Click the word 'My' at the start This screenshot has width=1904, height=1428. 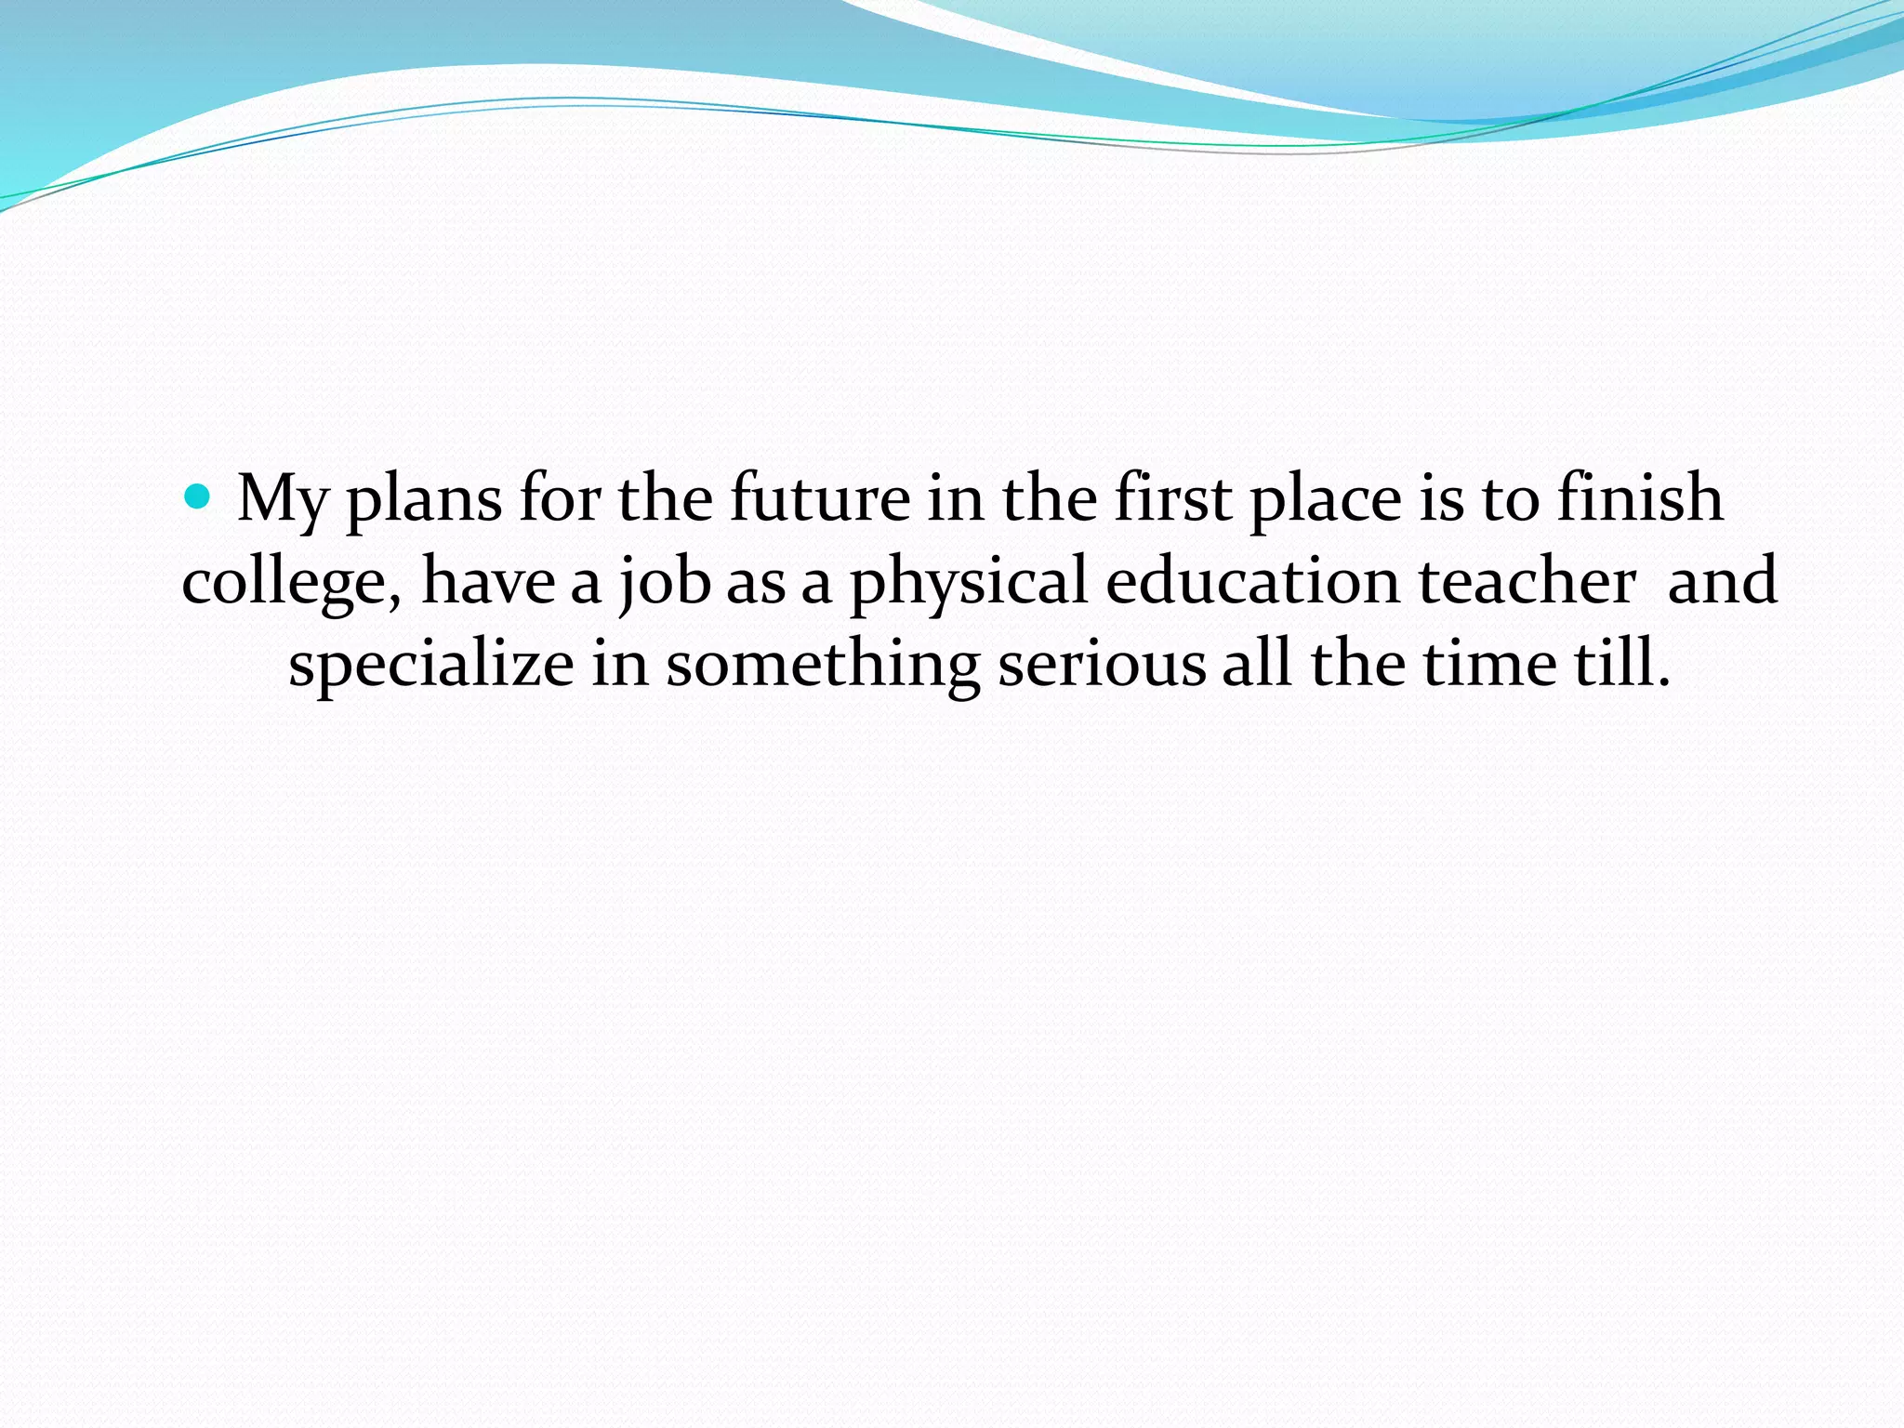(282, 499)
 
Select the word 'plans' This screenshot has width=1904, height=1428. (424, 499)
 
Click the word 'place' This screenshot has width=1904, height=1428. (1325, 499)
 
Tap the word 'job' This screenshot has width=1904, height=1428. (665, 582)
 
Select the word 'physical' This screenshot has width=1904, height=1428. (968, 582)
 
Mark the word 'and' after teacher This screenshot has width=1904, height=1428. (1722, 580)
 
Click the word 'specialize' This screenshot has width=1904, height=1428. (430, 665)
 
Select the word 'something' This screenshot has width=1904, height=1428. (823, 665)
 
